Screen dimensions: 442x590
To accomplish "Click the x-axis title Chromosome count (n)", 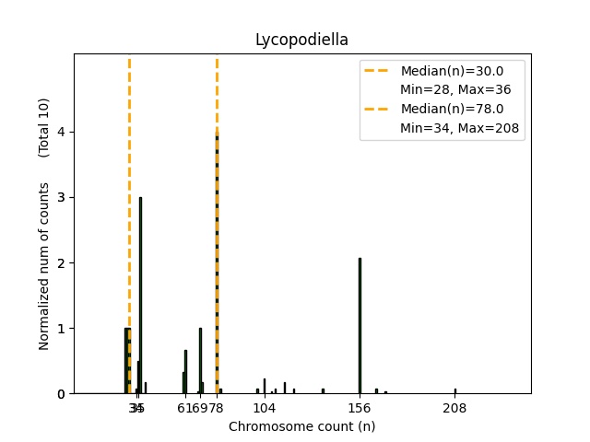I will click(x=301, y=426).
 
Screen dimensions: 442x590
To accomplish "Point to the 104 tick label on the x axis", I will click(x=265, y=408).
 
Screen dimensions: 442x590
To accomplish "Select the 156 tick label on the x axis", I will click(x=360, y=408).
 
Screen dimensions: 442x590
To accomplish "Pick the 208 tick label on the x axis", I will click(x=454, y=408).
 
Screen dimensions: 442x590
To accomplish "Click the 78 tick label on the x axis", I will click(x=218, y=408).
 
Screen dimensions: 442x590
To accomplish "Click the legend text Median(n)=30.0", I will click(x=451, y=71).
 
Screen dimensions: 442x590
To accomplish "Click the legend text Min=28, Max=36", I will click(x=455, y=90).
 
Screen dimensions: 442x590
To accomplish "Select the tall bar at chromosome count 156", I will click(x=360, y=326).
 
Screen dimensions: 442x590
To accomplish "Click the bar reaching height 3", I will click(x=140, y=295).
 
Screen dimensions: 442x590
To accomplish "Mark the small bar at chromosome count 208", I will click(x=454, y=390).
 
